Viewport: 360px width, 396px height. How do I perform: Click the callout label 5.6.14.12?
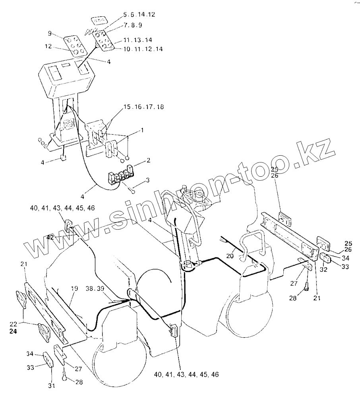pyautogui.click(x=139, y=14)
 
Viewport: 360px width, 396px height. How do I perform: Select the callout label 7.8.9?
pyautogui.click(x=134, y=25)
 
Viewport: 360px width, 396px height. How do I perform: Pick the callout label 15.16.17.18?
pyautogui.click(x=144, y=108)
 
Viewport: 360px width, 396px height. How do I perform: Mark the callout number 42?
pyautogui.click(x=50, y=237)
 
